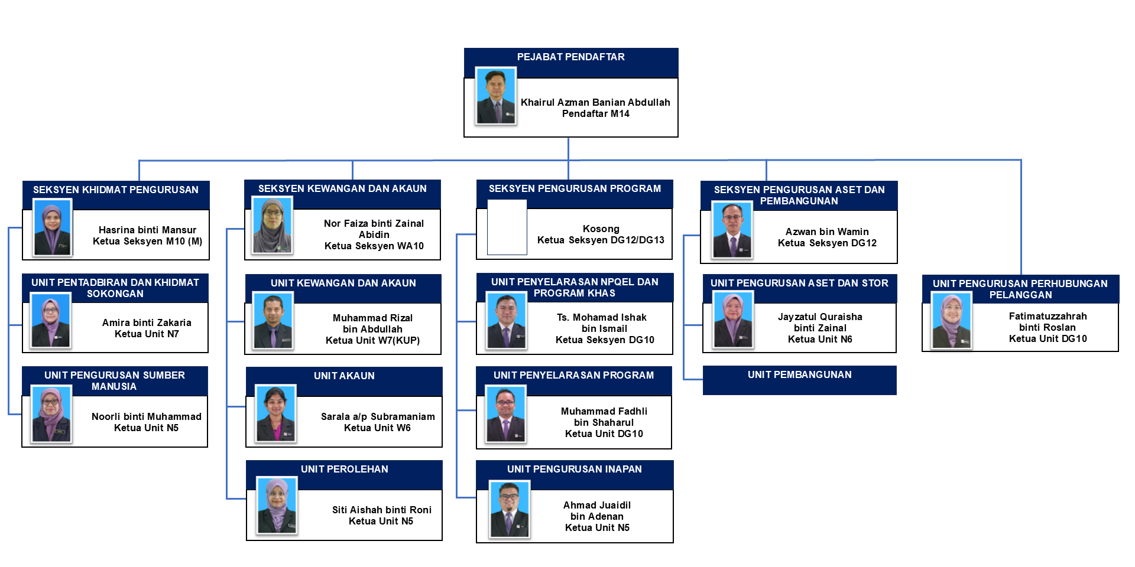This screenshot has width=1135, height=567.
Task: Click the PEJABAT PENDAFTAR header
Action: coord(570,57)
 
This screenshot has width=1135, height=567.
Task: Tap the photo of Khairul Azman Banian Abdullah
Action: coord(495,96)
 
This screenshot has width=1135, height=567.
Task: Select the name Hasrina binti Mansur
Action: coord(147,230)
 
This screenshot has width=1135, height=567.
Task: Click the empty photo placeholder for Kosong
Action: coord(507,227)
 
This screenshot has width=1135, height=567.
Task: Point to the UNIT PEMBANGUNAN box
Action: coord(799,379)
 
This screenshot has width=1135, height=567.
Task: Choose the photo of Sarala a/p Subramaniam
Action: coord(275,413)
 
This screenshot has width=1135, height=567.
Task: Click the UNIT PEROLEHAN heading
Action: coord(344,470)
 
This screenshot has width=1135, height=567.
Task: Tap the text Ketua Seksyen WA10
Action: coord(374,246)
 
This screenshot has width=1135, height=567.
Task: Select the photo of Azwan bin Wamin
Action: coord(732,230)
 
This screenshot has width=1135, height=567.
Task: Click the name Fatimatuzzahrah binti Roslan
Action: coord(1048,322)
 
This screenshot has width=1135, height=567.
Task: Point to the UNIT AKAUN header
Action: coord(344,376)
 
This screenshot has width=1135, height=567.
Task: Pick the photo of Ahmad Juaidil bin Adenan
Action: coord(509,509)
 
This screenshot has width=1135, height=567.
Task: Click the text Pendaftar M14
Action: coord(595,114)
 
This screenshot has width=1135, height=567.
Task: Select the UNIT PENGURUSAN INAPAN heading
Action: coord(574,470)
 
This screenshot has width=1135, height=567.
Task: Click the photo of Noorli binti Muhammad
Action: coord(51,414)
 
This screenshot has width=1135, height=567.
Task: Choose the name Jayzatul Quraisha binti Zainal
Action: coord(820,322)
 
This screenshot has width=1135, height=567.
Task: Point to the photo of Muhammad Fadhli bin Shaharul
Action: coord(505,414)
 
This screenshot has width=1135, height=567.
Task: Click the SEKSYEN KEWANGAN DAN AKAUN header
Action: coord(342,189)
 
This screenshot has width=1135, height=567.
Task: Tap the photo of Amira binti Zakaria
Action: coord(51,321)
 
